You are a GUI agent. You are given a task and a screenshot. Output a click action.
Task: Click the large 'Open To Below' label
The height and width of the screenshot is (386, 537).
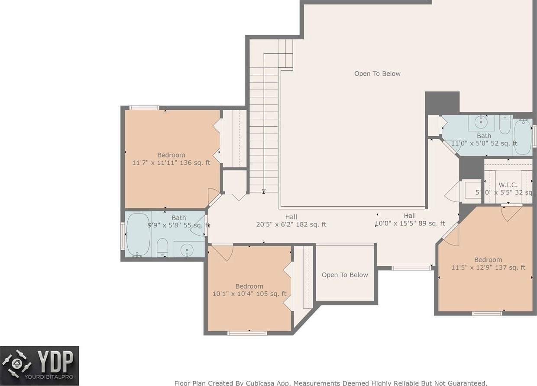point(377,74)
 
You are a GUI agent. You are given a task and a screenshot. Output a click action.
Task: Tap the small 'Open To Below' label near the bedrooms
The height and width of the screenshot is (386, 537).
point(345,275)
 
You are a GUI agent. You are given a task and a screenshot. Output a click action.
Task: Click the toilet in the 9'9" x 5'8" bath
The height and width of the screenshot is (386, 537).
point(162,247)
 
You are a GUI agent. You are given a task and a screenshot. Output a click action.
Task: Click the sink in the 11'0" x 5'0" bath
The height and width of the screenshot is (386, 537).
point(481,122)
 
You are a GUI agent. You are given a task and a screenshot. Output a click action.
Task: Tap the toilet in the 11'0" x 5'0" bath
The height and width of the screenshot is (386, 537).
point(505,124)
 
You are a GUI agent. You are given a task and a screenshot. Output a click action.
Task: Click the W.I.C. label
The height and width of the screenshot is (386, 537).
point(508,185)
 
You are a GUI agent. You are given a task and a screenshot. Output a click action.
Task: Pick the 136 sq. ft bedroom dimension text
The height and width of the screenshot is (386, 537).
point(171,163)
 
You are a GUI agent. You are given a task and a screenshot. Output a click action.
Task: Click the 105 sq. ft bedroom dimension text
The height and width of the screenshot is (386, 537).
point(249,293)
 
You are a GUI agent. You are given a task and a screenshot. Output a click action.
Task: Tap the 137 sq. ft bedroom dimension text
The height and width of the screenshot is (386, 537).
point(488,267)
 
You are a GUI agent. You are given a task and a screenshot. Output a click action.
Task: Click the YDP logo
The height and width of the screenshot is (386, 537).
point(39,366)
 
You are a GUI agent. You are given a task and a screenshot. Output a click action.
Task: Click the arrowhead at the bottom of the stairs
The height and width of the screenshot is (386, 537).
point(264,191)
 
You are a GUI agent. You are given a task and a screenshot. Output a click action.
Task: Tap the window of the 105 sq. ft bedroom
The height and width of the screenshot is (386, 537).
point(247,333)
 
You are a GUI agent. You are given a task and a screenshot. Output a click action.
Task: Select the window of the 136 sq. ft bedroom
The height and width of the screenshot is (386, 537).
point(144,108)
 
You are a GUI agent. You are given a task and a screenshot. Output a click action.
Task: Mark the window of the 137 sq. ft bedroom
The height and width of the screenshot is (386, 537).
point(487,313)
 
